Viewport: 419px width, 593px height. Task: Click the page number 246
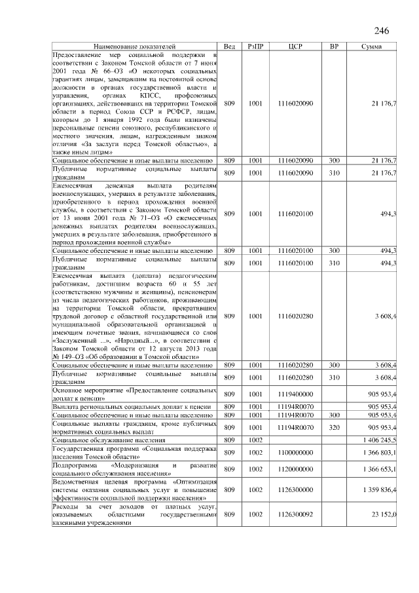pos(382,31)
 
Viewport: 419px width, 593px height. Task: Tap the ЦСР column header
pos(295,47)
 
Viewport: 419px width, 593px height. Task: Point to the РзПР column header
pos(255,47)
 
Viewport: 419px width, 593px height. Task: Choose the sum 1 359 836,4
pos(378,489)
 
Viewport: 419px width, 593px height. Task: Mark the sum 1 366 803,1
pos(378,451)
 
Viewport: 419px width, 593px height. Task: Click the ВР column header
pos(334,47)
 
